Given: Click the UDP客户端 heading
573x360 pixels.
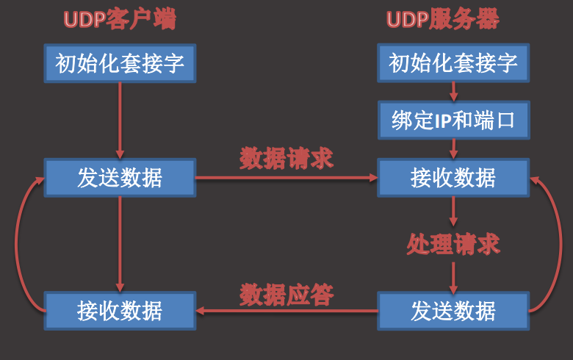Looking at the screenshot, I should tap(120, 20).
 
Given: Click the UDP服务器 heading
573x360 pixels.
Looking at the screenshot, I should tap(443, 20).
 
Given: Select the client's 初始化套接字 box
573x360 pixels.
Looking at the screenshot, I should tap(120, 64).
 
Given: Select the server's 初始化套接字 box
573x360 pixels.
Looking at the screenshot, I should tap(453, 64).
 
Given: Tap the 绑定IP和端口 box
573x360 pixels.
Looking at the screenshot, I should tap(453, 120).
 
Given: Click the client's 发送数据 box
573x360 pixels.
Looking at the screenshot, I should tap(120, 178).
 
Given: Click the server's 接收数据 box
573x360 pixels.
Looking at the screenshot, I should tap(453, 178).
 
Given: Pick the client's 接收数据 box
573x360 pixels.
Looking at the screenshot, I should tap(120, 311).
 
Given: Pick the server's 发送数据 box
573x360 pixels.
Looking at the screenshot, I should tap(453, 311).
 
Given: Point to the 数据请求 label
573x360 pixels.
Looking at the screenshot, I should tap(286, 158).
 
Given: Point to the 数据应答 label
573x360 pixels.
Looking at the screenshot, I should tap(286, 295).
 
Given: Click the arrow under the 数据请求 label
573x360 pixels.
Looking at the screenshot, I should tap(286, 178).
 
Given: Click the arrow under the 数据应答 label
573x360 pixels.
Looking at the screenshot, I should tap(286, 311).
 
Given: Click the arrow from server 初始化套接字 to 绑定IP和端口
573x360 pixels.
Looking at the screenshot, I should tap(453, 92).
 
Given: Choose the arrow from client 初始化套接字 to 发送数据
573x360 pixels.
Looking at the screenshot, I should tap(120, 120).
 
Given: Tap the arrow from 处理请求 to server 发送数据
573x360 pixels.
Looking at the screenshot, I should tap(453, 275).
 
